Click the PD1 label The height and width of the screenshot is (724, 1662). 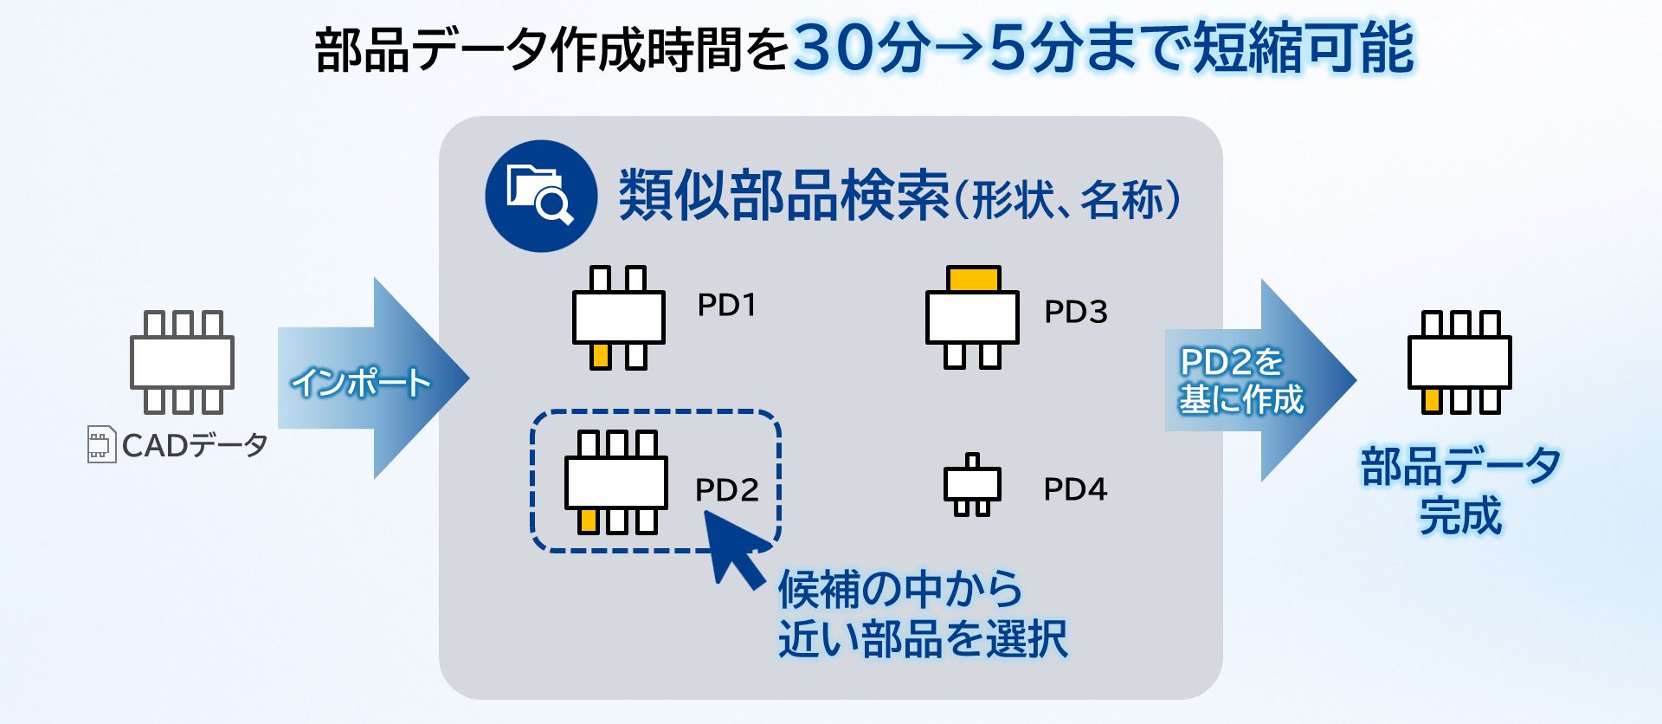[726, 305]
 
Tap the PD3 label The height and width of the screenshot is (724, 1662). [1075, 312]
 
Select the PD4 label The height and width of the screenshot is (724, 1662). [1075, 489]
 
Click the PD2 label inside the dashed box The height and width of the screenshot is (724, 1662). [726, 490]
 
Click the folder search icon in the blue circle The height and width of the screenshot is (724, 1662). [540, 196]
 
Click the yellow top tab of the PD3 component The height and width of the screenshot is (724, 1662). [974, 280]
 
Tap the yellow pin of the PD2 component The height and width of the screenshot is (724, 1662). [589, 520]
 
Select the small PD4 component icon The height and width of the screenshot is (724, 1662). [972, 485]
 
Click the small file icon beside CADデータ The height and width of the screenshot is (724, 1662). [101, 444]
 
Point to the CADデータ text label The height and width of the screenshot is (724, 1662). [195, 445]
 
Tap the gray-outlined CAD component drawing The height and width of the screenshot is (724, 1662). [182, 362]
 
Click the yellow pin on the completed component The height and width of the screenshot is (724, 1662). [1433, 400]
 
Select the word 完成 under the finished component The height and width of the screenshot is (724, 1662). [1460, 516]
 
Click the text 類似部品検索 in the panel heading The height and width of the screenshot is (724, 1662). [783, 196]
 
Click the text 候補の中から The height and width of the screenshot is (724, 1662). [900, 590]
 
